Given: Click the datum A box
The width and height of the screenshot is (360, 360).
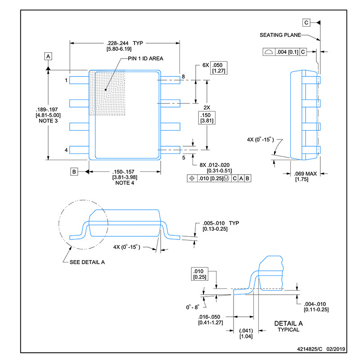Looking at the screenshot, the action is pos(48,56).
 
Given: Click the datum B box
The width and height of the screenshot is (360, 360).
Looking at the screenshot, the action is pos(74,171).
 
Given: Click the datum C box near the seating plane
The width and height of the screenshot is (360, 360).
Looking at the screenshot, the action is pos(306,22).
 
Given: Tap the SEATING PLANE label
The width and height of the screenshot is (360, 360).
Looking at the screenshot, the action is pos(280,35).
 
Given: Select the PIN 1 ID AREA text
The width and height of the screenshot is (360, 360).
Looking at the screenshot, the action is pos(145,58).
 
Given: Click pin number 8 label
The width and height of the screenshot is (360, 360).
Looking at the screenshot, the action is pos(183,76).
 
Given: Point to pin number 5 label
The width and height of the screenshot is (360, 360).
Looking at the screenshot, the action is pos(184,157).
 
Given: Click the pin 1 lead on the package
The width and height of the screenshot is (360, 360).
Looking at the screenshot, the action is pos(79,80).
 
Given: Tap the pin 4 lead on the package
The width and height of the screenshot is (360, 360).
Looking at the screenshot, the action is pos(79,150).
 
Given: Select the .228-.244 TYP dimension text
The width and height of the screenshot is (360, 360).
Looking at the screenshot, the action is pos(125,43).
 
